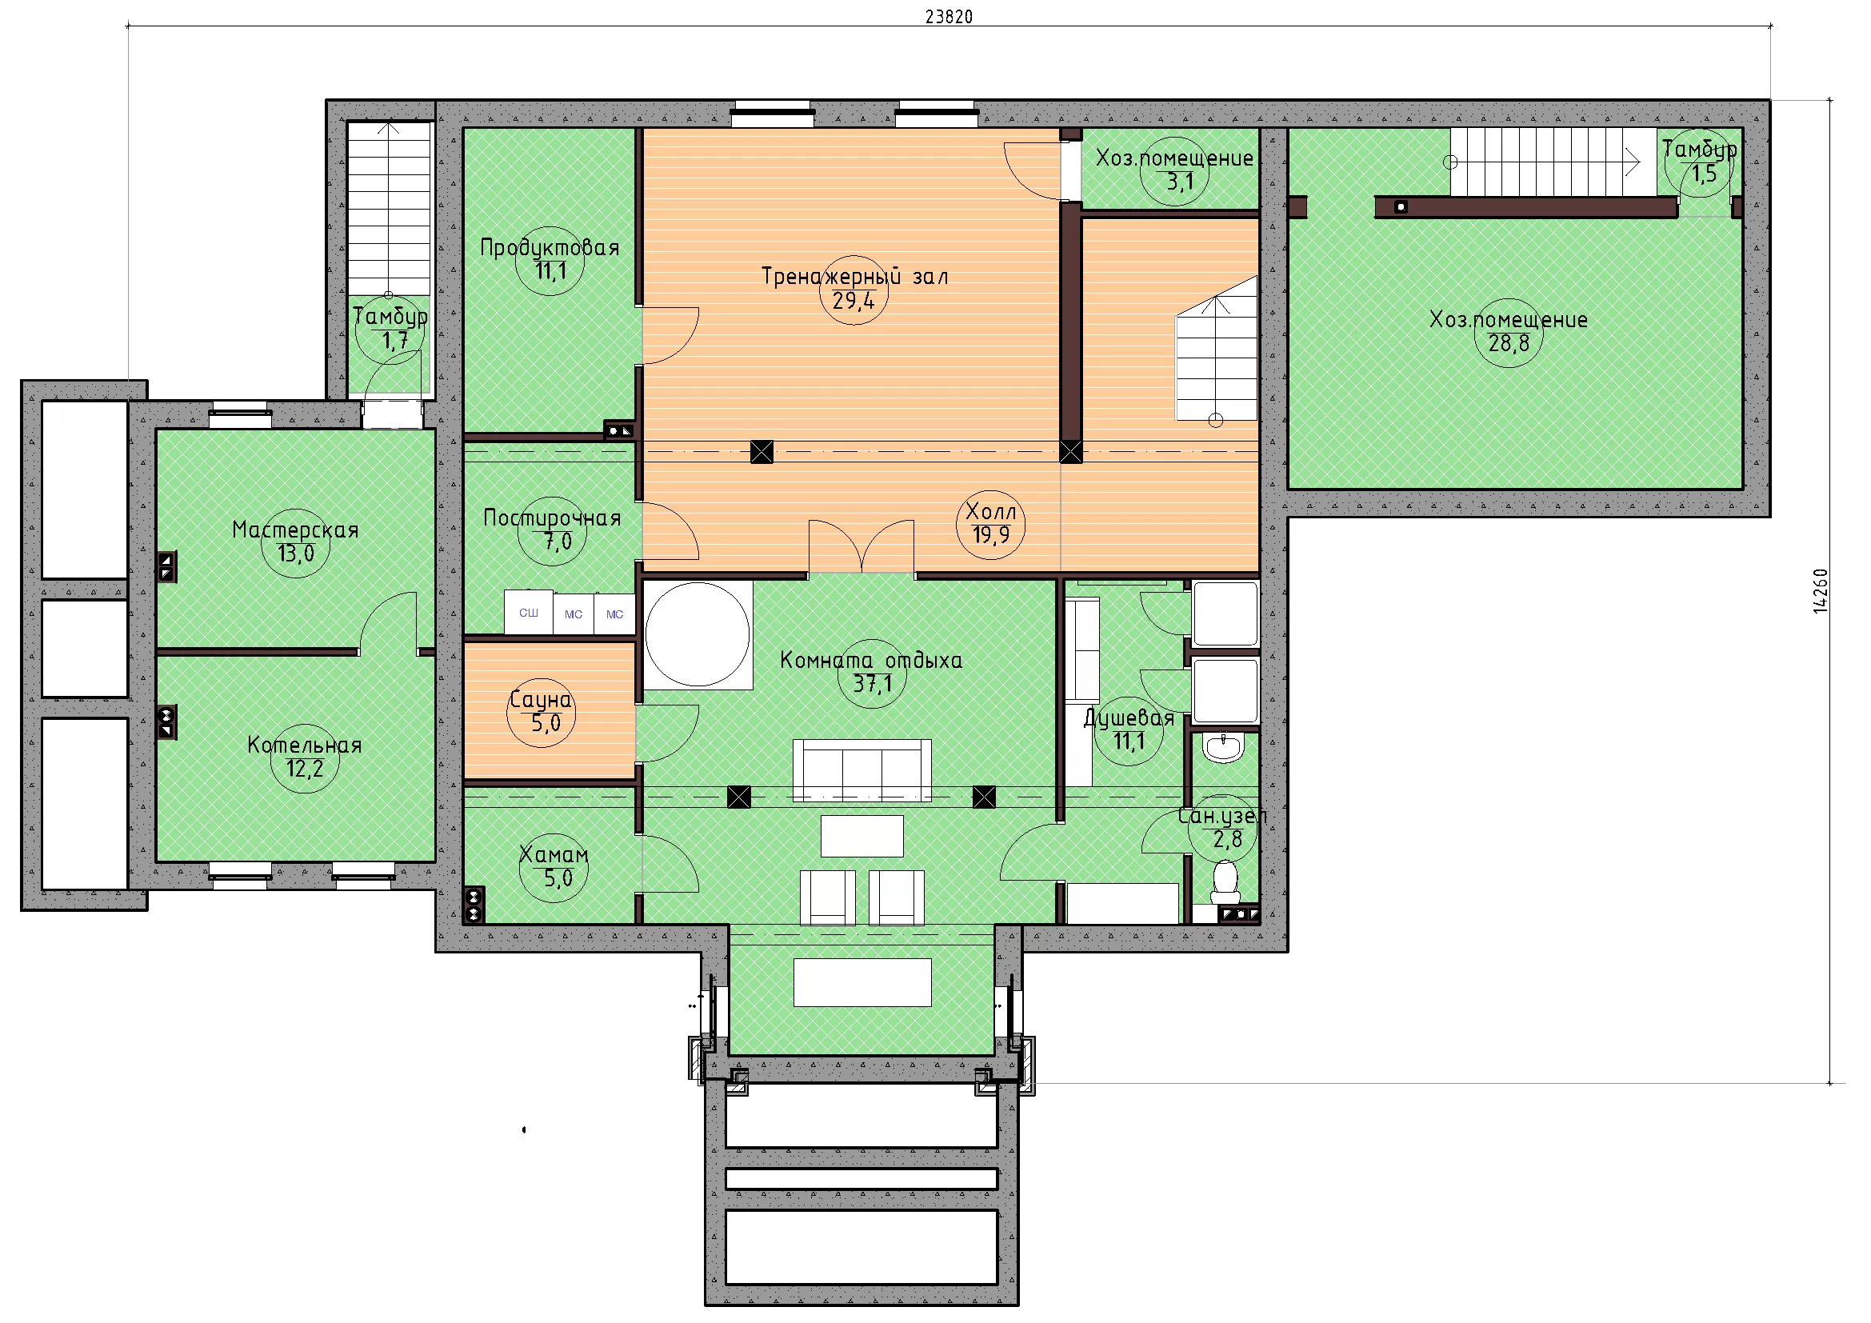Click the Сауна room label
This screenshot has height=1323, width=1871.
[540, 699]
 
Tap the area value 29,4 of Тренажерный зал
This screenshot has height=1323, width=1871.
[854, 301]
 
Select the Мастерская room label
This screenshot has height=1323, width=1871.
[295, 530]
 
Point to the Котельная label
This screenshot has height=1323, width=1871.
[305, 745]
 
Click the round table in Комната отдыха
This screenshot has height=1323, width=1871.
[698, 634]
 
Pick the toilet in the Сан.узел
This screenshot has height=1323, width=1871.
[1225, 882]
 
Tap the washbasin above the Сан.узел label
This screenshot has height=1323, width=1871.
[1223, 748]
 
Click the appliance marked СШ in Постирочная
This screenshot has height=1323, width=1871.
[529, 612]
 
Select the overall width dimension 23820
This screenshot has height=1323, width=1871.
[949, 16]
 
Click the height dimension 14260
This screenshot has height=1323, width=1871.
[1821, 590]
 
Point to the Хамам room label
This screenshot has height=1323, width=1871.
[554, 853]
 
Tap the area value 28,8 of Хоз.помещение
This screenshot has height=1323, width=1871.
[1509, 343]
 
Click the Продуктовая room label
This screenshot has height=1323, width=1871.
[550, 248]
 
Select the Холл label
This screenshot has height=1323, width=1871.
[991, 511]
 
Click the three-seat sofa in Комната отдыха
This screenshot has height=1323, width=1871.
[862, 769]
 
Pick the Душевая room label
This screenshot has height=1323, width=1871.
[1129, 717]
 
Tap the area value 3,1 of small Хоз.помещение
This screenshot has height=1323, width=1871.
[1180, 181]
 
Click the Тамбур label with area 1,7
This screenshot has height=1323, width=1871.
[390, 316]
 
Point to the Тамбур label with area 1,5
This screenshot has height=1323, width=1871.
[1699, 149]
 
